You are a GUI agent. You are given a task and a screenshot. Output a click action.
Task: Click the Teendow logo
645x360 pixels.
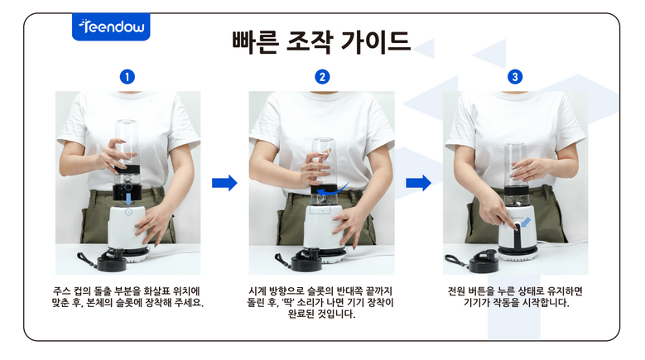[111, 26]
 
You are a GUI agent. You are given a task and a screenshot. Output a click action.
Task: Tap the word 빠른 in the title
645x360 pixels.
[256, 42]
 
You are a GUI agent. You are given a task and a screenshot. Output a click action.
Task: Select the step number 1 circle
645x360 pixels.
[128, 77]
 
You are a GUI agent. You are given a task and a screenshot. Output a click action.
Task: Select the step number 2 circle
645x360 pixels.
[322, 77]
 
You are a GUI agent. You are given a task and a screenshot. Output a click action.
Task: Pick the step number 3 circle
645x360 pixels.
[515, 77]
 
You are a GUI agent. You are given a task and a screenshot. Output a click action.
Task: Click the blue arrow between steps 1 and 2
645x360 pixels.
[224, 183]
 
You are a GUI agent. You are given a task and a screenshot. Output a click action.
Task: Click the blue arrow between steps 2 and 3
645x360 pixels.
[418, 183]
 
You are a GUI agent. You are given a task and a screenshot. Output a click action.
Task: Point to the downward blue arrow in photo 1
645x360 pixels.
[129, 199]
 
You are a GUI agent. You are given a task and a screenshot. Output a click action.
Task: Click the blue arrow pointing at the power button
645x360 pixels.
[525, 223]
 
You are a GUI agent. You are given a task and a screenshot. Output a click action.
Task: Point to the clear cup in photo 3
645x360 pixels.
[516, 165]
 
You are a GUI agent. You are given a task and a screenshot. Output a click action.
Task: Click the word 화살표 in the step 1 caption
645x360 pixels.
[156, 291]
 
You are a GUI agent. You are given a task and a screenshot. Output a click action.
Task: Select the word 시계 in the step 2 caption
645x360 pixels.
[258, 291]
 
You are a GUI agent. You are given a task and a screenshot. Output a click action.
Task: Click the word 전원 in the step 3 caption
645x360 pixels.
[456, 291]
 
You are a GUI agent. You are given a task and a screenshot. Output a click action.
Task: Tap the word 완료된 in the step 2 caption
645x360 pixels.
[301, 314]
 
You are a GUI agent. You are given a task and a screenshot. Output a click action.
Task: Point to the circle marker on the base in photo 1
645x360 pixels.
[129, 212]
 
